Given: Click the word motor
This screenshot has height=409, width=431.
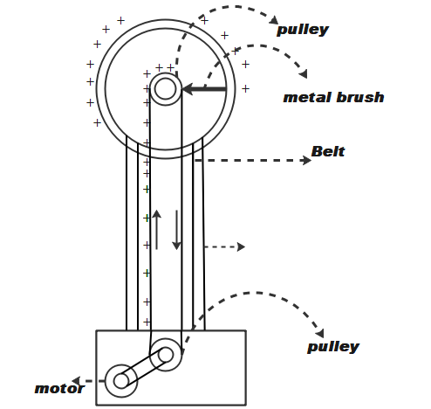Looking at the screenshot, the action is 59,389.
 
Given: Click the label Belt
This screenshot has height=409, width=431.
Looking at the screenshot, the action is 328,151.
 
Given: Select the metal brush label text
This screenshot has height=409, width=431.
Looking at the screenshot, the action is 333,98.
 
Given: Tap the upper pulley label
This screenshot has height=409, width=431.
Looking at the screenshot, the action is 303,30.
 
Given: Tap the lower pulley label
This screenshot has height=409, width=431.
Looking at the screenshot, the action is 333,347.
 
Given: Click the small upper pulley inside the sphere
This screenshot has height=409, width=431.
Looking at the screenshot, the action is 166,89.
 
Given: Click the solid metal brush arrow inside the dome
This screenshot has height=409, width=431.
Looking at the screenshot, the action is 204,89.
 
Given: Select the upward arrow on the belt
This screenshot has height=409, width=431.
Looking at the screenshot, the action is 157,230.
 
